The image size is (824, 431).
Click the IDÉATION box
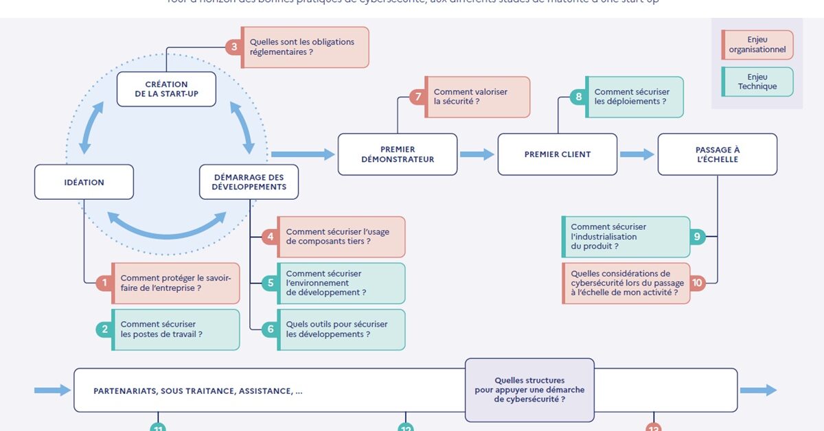[x=84, y=183]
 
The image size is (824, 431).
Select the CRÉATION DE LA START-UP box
[x=167, y=89]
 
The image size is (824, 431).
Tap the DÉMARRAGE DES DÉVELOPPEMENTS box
[x=249, y=182]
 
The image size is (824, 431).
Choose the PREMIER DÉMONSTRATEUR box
[x=398, y=154]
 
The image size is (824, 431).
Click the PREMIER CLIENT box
[x=558, y=154]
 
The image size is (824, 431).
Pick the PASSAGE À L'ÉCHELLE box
[x=717, y=154]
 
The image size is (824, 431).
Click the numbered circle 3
[x=234, y=47]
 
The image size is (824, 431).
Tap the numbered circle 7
[x=417, y=97]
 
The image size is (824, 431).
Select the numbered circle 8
[x=579, y=97]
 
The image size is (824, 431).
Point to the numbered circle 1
[x=104, y=283]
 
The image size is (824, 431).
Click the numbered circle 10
[x=696, y=283]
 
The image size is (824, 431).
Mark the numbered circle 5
[x=271, y=283]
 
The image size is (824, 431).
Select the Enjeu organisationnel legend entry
[x=757, y=45]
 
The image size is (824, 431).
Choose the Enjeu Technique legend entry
[x=757, y=82]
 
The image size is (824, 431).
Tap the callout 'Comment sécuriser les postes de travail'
[x=175, y=329]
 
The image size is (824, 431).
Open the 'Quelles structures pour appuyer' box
[x=529, y=390]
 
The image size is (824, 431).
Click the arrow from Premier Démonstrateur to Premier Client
[x=477, y=155]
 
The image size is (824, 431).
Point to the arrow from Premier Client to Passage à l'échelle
[x=637, y=155]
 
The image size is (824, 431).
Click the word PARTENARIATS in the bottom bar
[x=124, y=391]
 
